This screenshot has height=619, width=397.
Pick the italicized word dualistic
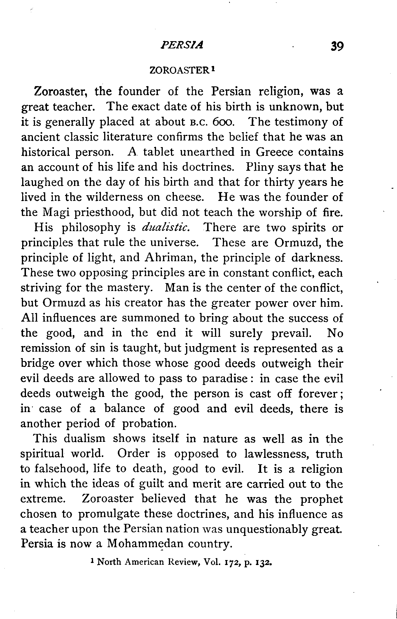[x=166, y=227]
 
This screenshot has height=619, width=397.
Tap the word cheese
[x=185, y=197]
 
